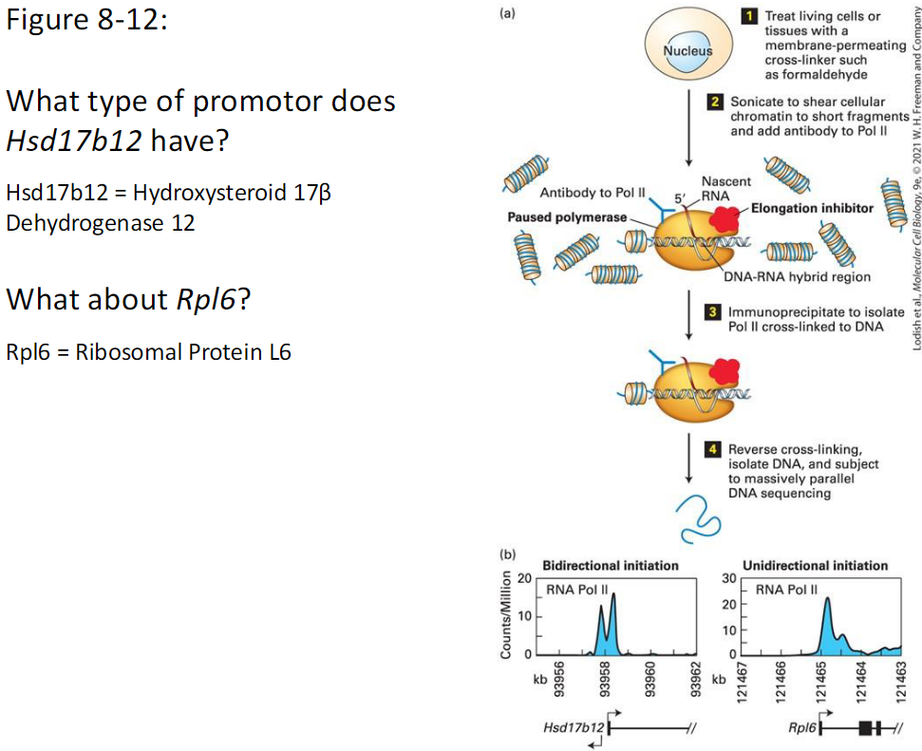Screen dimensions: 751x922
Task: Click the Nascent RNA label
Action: coord(725,187)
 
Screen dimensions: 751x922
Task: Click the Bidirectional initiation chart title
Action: coord(610,565)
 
